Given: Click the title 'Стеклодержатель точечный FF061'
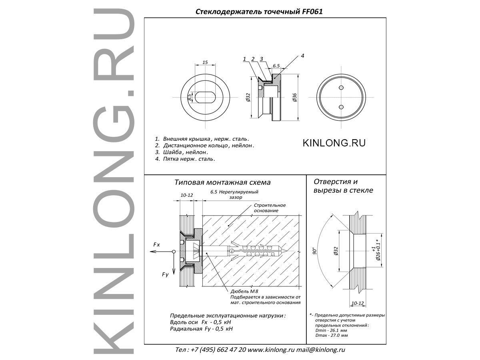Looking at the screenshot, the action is [259, 12].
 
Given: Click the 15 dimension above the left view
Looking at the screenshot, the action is [205, 62].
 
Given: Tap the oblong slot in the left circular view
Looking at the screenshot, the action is [205, 97].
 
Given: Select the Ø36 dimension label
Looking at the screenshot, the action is [294, 97].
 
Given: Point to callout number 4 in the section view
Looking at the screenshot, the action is [302, 56].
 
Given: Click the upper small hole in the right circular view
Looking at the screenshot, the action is [341, 88].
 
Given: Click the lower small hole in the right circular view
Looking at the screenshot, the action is [341, 107].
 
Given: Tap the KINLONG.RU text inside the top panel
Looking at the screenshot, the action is [334, 143].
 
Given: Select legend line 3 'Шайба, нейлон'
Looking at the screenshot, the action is [182, 152].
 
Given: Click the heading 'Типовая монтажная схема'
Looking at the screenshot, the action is [222, 182].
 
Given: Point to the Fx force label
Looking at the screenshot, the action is [156, 245].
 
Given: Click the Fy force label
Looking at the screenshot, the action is [165, 275].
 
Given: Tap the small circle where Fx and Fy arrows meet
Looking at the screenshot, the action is [174, 252].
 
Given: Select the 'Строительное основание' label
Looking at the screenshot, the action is [270, 208].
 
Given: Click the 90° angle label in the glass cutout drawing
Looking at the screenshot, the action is [315, 251].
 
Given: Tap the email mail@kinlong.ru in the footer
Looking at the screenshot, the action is [320, 350].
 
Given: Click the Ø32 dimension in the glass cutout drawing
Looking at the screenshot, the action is [336, 251].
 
